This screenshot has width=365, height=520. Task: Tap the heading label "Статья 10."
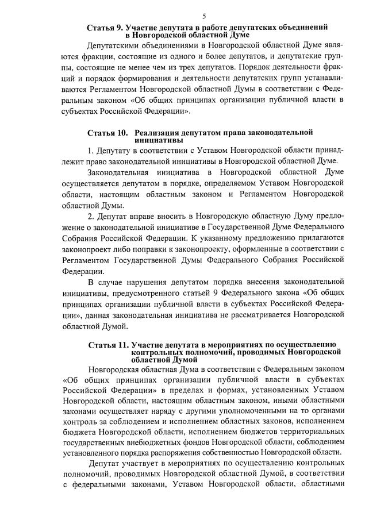(106, 133)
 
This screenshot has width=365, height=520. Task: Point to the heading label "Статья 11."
(107, 345)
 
